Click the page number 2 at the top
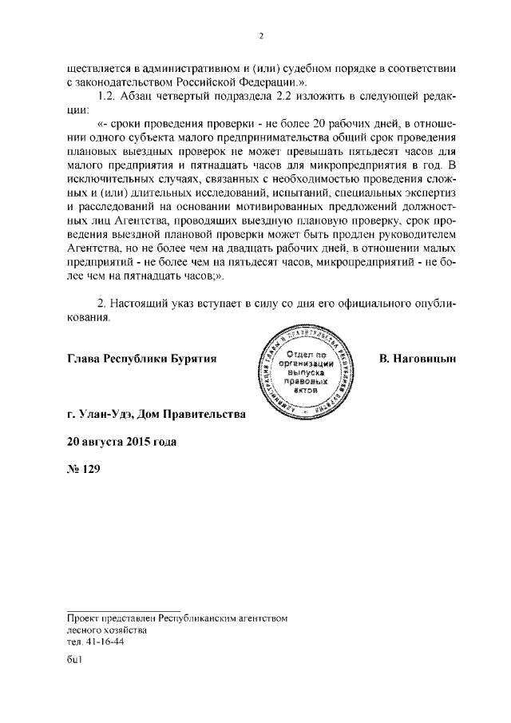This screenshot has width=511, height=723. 260,36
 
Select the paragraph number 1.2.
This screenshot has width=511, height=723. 107,97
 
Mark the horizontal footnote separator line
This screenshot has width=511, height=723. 123,610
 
